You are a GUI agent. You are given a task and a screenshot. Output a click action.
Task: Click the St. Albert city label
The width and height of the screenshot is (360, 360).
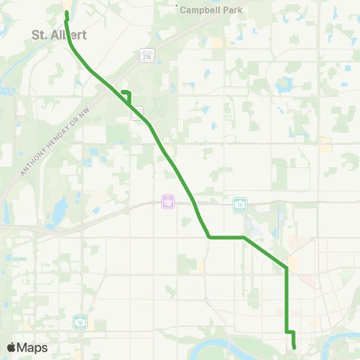(54, 34)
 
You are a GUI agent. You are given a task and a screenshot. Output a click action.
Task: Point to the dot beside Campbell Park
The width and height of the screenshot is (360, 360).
(177, 8)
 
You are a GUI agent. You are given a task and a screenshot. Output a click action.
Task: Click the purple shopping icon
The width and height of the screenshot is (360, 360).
(168, 202)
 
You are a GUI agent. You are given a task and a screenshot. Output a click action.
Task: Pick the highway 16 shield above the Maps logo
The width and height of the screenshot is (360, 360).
(79, 321)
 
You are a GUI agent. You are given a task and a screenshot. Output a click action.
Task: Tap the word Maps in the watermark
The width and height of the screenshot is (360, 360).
(32, 347)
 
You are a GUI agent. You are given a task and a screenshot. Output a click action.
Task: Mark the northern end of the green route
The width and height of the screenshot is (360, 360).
(67, 13)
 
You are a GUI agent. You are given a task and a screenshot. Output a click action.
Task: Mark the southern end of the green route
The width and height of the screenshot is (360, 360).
(295, 346)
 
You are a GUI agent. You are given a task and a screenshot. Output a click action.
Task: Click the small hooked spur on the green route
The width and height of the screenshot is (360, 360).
(126, 93)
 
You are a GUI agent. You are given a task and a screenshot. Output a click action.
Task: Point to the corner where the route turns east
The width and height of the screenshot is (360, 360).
(209, 238)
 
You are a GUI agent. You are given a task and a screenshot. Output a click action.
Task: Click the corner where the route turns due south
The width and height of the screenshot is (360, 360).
(286, 267)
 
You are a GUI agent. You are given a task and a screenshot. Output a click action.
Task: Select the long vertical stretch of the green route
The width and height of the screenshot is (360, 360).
(286, 300)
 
